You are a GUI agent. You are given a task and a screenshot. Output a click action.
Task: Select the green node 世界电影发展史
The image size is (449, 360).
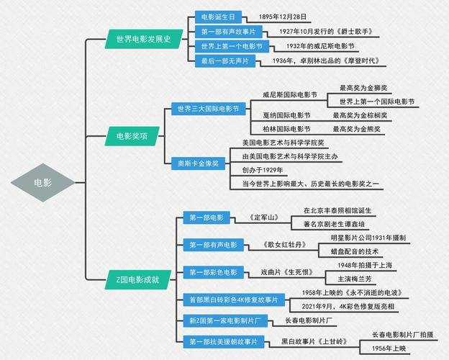143,39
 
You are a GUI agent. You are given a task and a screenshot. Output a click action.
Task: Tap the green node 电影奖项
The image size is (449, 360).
132,135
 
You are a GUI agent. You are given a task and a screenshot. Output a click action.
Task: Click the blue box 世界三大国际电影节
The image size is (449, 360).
207,109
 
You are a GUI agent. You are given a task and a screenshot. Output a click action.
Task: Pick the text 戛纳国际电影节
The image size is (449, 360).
286,115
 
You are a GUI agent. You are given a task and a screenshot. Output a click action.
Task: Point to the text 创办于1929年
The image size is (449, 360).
263,171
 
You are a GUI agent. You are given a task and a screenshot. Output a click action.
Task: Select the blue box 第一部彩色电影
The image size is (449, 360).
213,272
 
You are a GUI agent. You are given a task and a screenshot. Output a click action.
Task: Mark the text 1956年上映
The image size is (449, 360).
389,348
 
